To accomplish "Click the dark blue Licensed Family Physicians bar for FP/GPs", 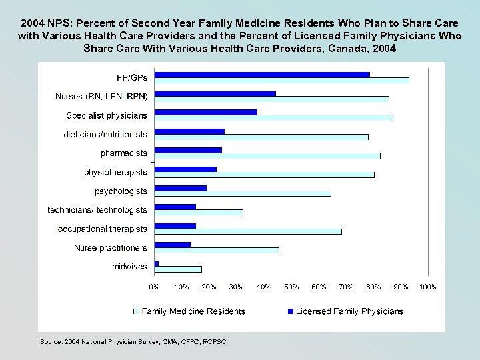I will pyautogui.click(x=262, y=74).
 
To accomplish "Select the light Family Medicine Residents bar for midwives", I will pyautogui.click(x=178, y=269).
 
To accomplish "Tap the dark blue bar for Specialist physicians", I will pyautogui.click(x=205, y=112).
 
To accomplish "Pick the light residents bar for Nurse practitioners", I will pyautogui.click(x=217, y=250).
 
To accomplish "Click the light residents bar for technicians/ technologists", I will pyautogui.click(x=199, y=212).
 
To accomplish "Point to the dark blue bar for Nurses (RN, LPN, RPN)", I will pyautogui.click(x=215, y=93).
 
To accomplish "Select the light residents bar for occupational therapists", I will pyautogui.click(x=248, y=231).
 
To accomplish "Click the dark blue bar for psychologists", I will pyautogui.click(x=181, y=188).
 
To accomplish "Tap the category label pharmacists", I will pyautogui.click(x=124, y=153).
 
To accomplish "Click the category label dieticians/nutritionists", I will pyautogui.click(x=105, y=134).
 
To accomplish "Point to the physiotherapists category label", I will pyautogui.click(x=115, y=172).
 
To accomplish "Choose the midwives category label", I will pyautogui.click(x=129, y=267).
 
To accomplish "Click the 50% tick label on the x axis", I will pyautogui.click(x=291, y=287).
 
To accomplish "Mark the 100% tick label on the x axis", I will pyautogui.click(x=427, y=287).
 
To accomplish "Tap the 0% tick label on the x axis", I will pyautogui.click(x=154, y=287).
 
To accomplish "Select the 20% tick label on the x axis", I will pyautogui.click(x=209, y=287).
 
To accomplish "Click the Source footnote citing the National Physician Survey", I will pyautogui.click(x=133, y=341).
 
